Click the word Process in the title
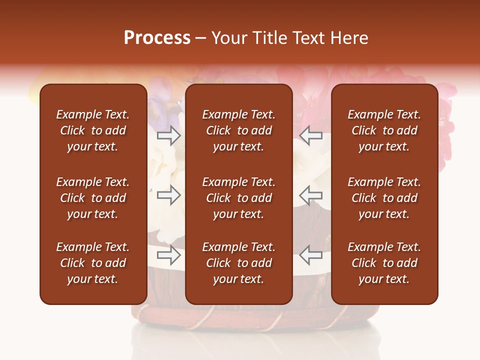coord(157,38)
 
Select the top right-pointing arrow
coord(168,135)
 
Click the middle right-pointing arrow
coord(168,195)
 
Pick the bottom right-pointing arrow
coord(168,255)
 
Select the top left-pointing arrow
coord(311,135)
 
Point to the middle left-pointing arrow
coord(311,195)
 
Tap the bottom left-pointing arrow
coord(311,255)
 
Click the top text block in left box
coord(93,130)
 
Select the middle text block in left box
coord(93,198)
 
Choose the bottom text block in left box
coord(93,263)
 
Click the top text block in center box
coord(238,130)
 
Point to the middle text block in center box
coord(238,198)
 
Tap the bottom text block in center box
coord(238,263)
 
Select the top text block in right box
coord(384,130)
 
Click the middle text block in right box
coord(384,198)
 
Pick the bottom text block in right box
coord(384,263)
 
